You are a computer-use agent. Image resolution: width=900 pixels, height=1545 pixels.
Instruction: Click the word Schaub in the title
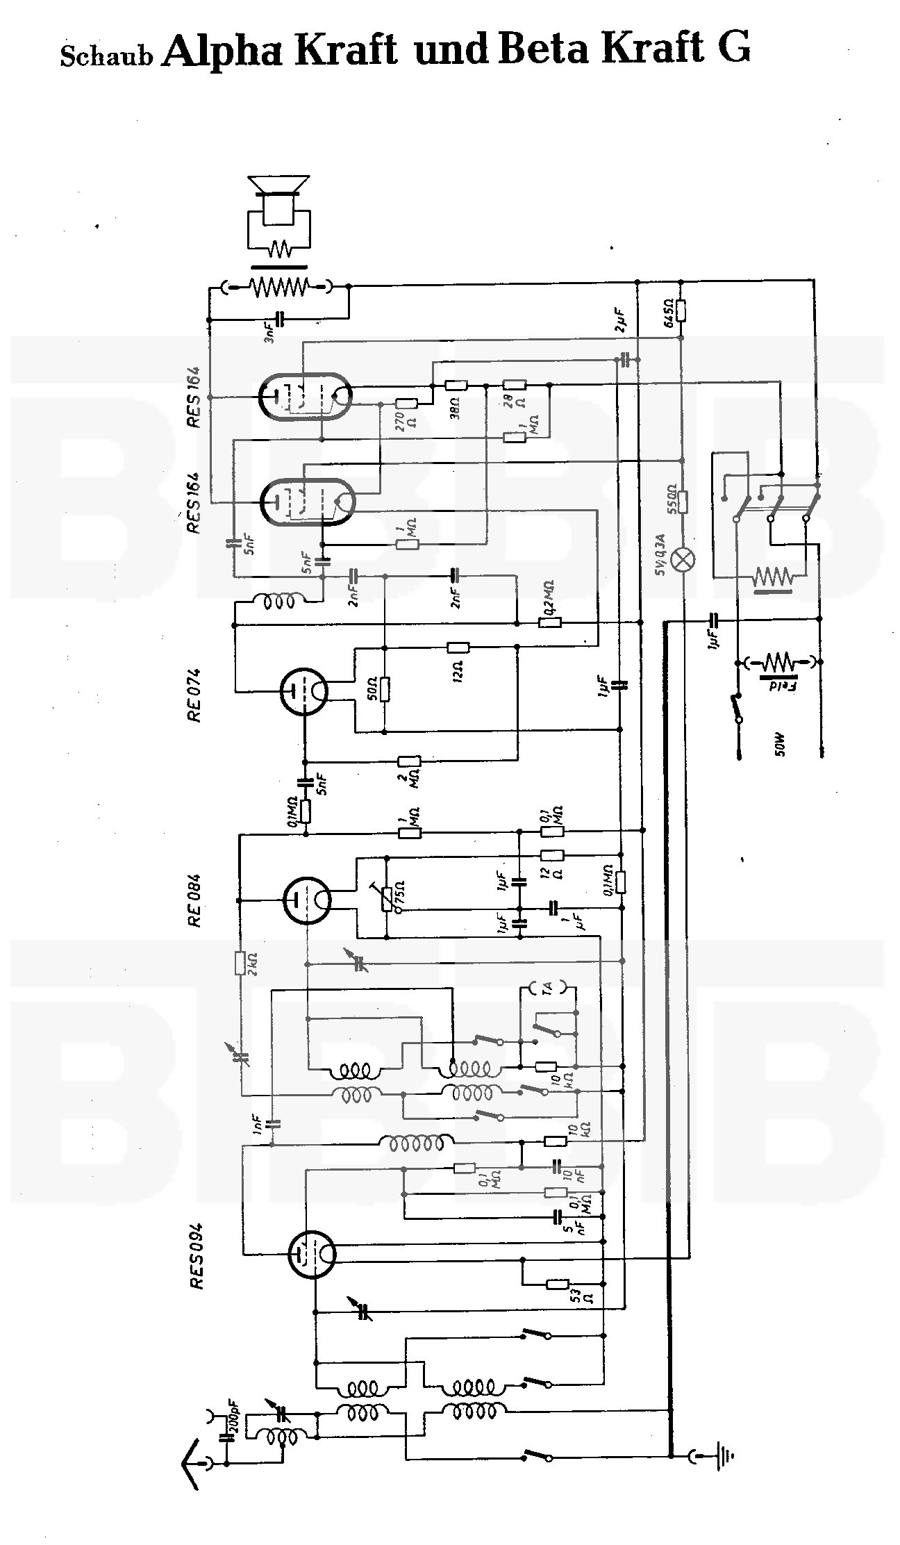[106, 56]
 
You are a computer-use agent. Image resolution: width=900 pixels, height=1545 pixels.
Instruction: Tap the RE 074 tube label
[194, 695]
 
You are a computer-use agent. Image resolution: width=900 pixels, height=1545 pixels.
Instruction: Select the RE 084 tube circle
[306, 901]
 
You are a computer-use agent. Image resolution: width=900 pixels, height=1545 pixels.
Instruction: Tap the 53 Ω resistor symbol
[557, 1284]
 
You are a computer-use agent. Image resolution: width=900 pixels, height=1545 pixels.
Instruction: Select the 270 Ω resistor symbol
[406, 403]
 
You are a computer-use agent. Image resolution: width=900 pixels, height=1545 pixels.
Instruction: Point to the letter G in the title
[733, 49]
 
